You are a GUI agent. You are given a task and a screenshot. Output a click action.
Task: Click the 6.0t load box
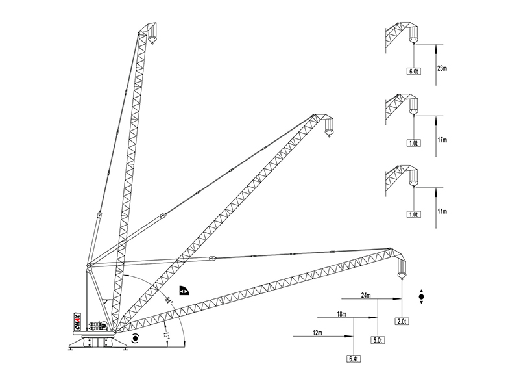tap(414, 71)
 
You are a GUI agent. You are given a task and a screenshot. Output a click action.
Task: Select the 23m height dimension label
tap(442, 69)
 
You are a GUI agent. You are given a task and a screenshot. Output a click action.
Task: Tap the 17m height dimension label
tap(442, 140)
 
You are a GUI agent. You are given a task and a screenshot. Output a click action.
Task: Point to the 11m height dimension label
tap(442, 211)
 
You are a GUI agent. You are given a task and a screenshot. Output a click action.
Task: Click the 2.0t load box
tap(402, 321)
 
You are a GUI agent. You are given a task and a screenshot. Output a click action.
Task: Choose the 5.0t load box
tap(378, 340)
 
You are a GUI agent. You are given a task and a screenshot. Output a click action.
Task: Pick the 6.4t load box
tap(354, 359)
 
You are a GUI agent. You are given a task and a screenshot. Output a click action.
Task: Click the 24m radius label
tap(366, 296)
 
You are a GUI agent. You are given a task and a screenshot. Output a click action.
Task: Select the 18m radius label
tap(342, 314)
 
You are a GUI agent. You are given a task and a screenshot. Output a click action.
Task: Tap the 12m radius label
tap(317, 333)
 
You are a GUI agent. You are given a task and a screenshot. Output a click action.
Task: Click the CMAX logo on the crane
tap(77, 321)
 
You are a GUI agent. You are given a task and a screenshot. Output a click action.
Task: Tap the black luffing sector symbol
tap(184, 290)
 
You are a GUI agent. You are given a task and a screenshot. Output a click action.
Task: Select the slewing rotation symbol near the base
tap(135, 338)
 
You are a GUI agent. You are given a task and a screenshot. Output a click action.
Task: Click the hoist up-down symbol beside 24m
tap(421, 296)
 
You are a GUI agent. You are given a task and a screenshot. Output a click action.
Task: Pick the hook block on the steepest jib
tap(152, 34)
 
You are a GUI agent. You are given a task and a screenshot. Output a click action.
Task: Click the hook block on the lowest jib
tap(401, 268)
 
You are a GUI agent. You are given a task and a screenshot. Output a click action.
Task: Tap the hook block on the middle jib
tap(329, 127)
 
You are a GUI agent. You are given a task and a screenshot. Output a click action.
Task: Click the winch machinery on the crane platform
tap(98, 326)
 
